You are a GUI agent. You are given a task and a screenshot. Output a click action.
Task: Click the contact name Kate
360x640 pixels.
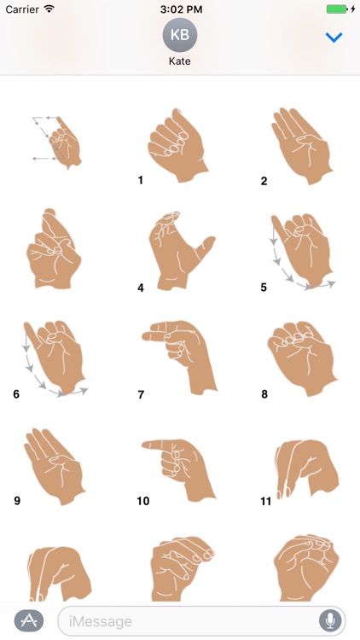tap(180, 62)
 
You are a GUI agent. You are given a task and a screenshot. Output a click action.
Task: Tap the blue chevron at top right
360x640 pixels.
tap(334, 38)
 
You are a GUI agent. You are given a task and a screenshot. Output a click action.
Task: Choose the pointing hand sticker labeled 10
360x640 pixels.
tap(177, 462)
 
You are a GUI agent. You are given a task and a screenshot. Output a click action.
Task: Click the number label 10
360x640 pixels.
tap(142, 501)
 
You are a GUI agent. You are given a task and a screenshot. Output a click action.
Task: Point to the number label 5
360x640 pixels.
tap(264, 288)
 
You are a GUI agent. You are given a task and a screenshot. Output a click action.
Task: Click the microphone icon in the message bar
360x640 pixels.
tap(328, 620)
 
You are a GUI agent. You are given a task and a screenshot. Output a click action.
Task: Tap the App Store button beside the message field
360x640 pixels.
tap(29, 620)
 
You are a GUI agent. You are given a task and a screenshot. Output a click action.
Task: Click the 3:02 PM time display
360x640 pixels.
tap(180, 9)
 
